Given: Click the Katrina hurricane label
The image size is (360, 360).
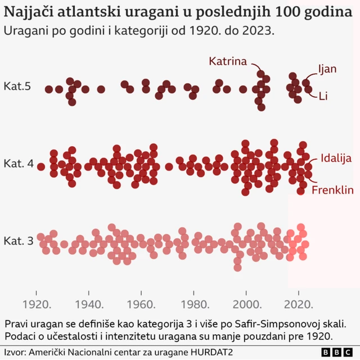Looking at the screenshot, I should [x=228, y=61].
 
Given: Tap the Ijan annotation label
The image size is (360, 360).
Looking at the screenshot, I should [x=327, y=69].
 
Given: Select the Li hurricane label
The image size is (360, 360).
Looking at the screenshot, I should [x=323, y=96].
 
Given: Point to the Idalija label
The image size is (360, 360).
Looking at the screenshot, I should [x=336, y=157].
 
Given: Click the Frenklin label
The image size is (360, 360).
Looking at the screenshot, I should [x=332, y=190].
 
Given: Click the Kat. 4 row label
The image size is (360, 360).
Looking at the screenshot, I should [x=19, y=164].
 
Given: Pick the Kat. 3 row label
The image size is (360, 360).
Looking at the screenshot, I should [x=19, y=241].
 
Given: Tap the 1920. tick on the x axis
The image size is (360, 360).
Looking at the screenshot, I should [x=38, y=305].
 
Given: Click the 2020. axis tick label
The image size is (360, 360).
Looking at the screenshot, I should [x=299, y=305].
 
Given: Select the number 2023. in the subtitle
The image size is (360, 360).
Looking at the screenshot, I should [x=259, y=31].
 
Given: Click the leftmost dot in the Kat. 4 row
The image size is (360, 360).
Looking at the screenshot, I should [x=40, y=166].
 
